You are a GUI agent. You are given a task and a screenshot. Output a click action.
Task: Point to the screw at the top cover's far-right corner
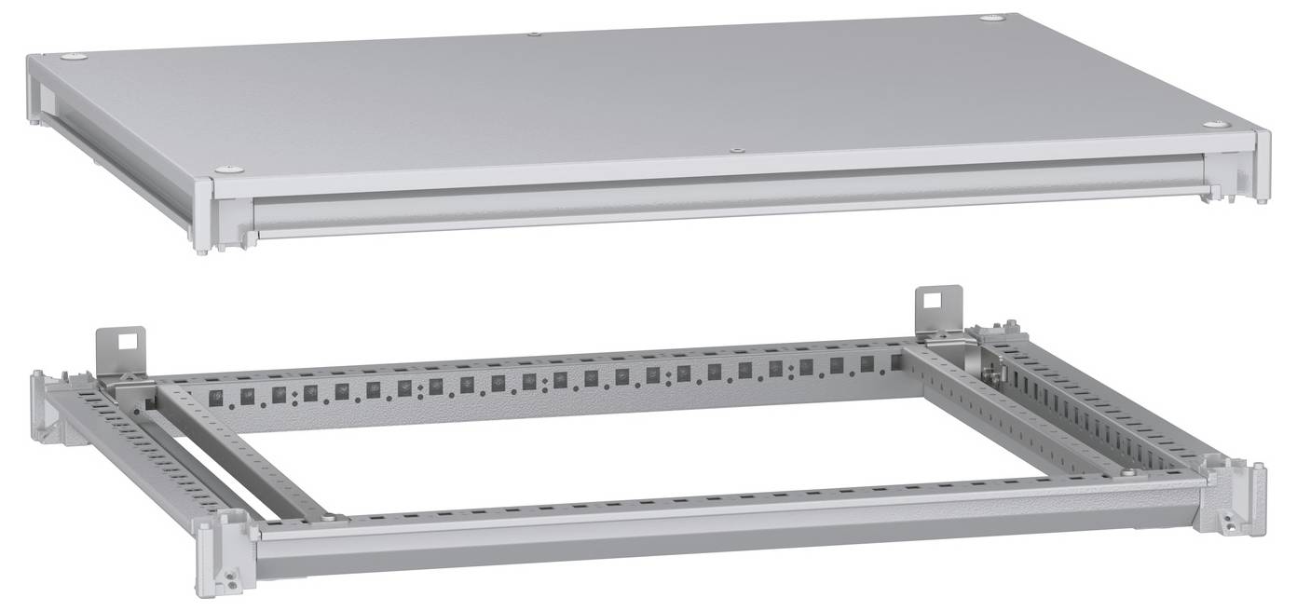point(990,17)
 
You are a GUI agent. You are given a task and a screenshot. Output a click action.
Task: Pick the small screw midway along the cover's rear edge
point(533,34)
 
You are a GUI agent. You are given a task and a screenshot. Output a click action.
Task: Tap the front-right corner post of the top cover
point(1262,168)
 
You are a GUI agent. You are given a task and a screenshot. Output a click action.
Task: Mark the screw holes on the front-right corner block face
point(1231,527)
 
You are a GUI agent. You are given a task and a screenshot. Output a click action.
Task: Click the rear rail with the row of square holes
point(559,382)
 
